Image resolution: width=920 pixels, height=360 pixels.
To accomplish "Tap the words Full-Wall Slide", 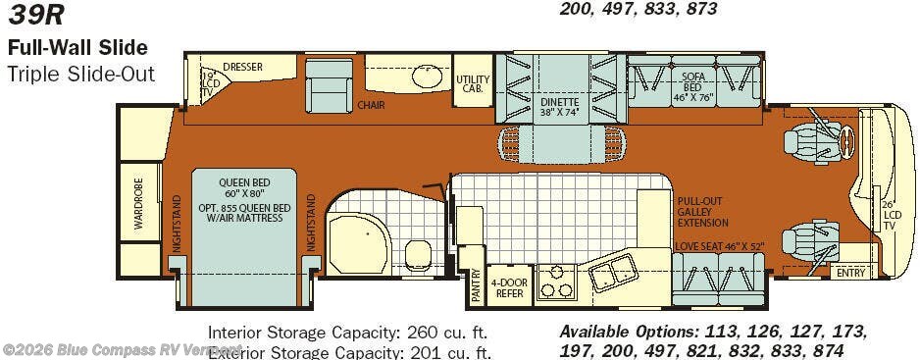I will tap(78, 47).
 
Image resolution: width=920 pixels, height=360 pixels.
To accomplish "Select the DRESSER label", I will tap(242, 67).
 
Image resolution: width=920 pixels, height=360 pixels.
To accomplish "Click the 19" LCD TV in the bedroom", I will tap(208, 82).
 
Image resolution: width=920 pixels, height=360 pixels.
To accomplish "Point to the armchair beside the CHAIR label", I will tap(329, 85).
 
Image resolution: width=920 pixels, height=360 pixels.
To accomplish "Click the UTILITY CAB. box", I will tap(471, 82).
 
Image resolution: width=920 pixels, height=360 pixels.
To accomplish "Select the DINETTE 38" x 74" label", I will tap(559, 106).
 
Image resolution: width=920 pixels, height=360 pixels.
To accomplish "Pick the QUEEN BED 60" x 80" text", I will tap(243, 186).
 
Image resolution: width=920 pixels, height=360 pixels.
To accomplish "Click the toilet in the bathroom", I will tap(417, 253).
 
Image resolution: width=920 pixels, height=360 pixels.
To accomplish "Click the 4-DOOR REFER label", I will tap(509, 286).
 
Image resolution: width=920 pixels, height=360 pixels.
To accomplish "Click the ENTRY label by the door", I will tap(850, 273).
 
